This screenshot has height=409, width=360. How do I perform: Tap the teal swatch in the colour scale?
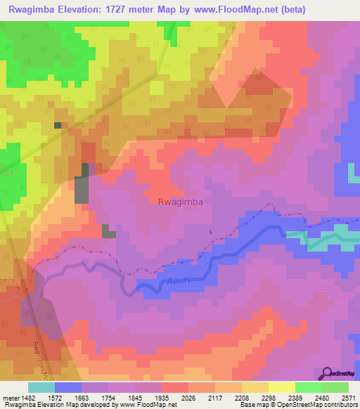pos(41,387)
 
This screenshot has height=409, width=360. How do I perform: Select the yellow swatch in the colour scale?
pos(281,387)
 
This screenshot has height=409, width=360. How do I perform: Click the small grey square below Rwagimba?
pos(109,231)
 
